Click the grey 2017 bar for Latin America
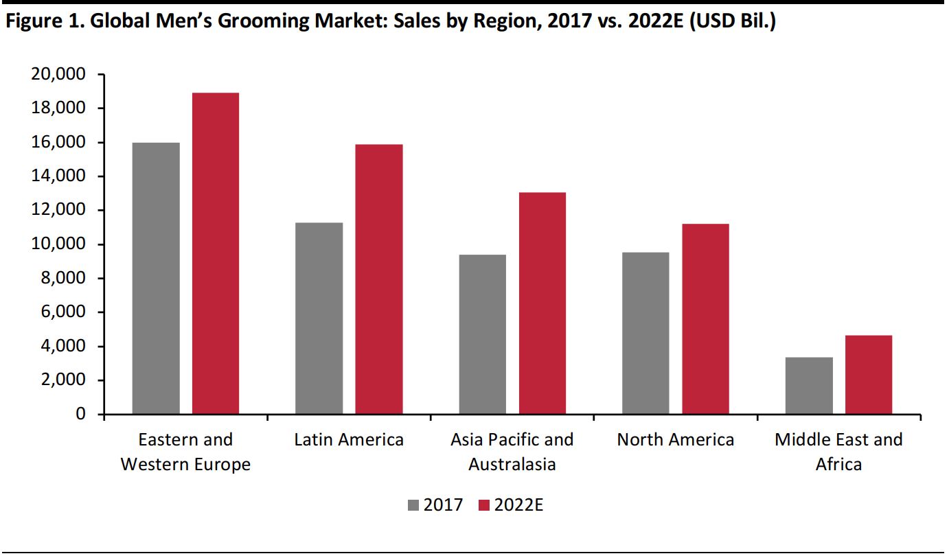(319, 318)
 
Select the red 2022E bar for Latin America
(378, 279)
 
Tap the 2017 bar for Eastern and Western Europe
(156, 279)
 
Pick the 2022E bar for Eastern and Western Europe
(216, 253)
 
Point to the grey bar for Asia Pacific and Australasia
(482, 334)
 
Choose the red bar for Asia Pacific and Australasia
(542, 303)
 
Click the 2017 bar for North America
(645, 333)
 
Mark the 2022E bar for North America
(705, 319)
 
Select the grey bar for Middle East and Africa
(809, 386)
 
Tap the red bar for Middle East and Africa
(869, 375)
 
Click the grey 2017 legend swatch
(413, 506)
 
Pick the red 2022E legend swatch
(484, 506)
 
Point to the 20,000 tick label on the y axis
(57, 74)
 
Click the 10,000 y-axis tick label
(57, 244)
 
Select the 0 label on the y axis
(80, 415)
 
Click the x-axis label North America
(675, 439)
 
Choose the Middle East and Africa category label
(838, 452)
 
